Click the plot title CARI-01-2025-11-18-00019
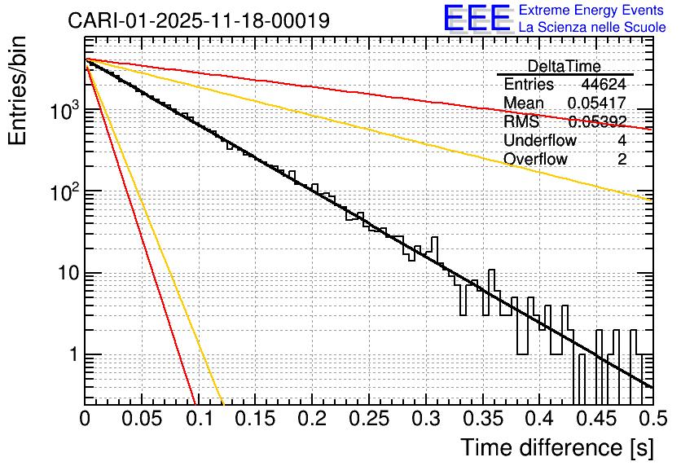(199, 20)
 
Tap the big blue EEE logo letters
(477, 18)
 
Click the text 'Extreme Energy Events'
(592, 11)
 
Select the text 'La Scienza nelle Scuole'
(592, 27)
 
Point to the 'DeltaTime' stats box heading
(565, 66)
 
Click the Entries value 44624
(604, 85)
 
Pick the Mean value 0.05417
(597, 103)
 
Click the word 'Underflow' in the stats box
(540, 141)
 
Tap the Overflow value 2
(622, 160)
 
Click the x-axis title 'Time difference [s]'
(557, 448)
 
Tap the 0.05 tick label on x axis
(142, 420)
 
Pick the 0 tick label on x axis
(85, 420)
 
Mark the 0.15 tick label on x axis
(255, 420)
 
